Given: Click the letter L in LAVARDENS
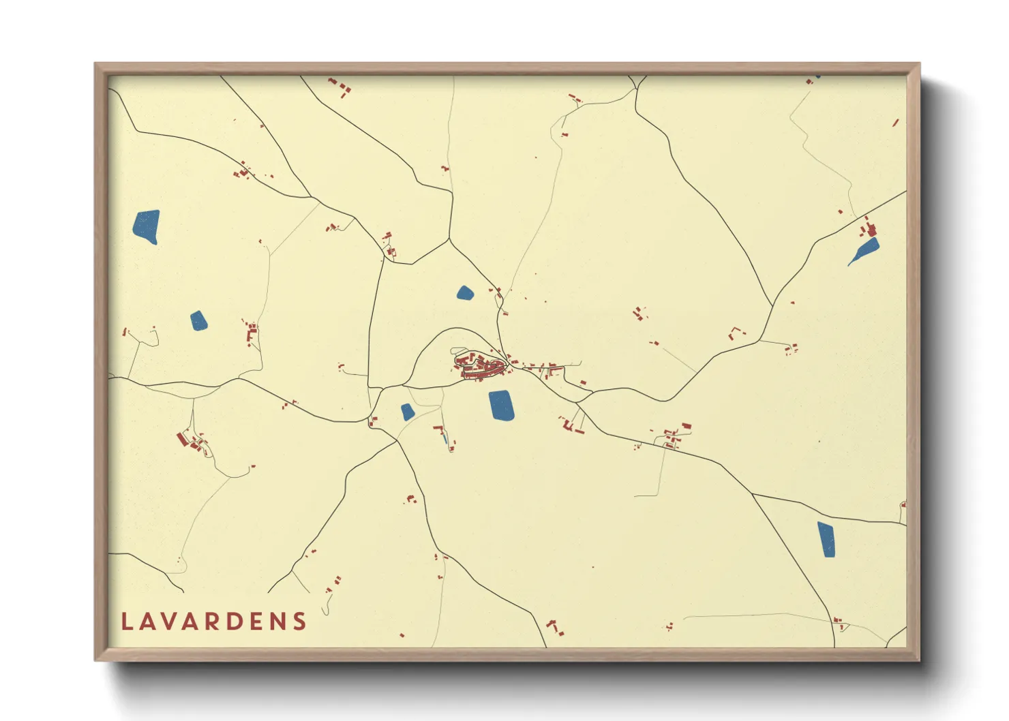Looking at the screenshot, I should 126,622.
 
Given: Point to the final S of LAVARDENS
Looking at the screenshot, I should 299,622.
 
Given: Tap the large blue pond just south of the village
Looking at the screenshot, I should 501,405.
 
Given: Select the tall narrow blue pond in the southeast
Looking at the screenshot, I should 826,539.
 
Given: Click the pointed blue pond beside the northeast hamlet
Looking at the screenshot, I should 864,251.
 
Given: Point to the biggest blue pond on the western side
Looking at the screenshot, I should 147,226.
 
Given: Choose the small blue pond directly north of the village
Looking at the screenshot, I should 465,294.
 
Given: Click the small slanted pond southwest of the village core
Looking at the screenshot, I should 407,412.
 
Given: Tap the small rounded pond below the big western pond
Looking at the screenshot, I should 198,320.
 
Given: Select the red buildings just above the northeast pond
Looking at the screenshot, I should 869,228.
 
